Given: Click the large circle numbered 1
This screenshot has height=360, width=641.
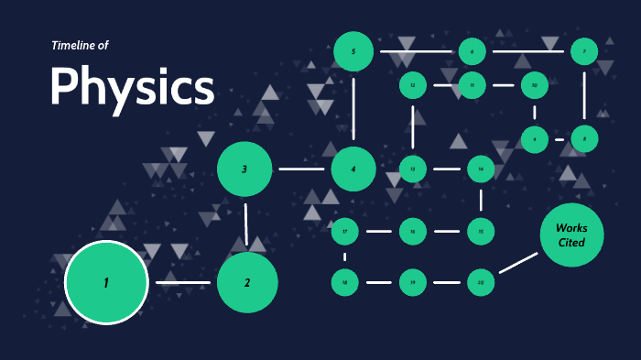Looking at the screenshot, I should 106,282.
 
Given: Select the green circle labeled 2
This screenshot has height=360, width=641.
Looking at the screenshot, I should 246,282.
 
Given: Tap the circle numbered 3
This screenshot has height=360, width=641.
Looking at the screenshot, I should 244,169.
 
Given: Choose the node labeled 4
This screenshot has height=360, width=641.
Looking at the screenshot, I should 353,169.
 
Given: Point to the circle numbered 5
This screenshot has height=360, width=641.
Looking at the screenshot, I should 353,51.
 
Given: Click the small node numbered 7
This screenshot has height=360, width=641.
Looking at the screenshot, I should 584,51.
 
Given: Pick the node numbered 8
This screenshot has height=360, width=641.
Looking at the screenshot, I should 584,139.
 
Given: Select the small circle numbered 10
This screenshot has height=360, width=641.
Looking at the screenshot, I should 534,86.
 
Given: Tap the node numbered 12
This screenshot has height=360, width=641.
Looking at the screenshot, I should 413,86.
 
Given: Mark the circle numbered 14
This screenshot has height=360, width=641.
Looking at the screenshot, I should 481,169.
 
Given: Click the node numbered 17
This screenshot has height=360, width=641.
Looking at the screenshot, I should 344,231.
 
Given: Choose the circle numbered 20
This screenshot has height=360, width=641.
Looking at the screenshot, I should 481,283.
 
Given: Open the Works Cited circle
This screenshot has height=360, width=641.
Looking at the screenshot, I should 572,235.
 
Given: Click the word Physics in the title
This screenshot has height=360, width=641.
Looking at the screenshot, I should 133,87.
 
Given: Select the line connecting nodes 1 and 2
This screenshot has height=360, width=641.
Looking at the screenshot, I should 183,282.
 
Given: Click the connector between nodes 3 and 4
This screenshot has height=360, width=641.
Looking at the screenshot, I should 301,169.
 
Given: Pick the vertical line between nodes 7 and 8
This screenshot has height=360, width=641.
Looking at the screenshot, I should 584,95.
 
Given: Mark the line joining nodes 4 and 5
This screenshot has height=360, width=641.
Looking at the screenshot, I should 353,110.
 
